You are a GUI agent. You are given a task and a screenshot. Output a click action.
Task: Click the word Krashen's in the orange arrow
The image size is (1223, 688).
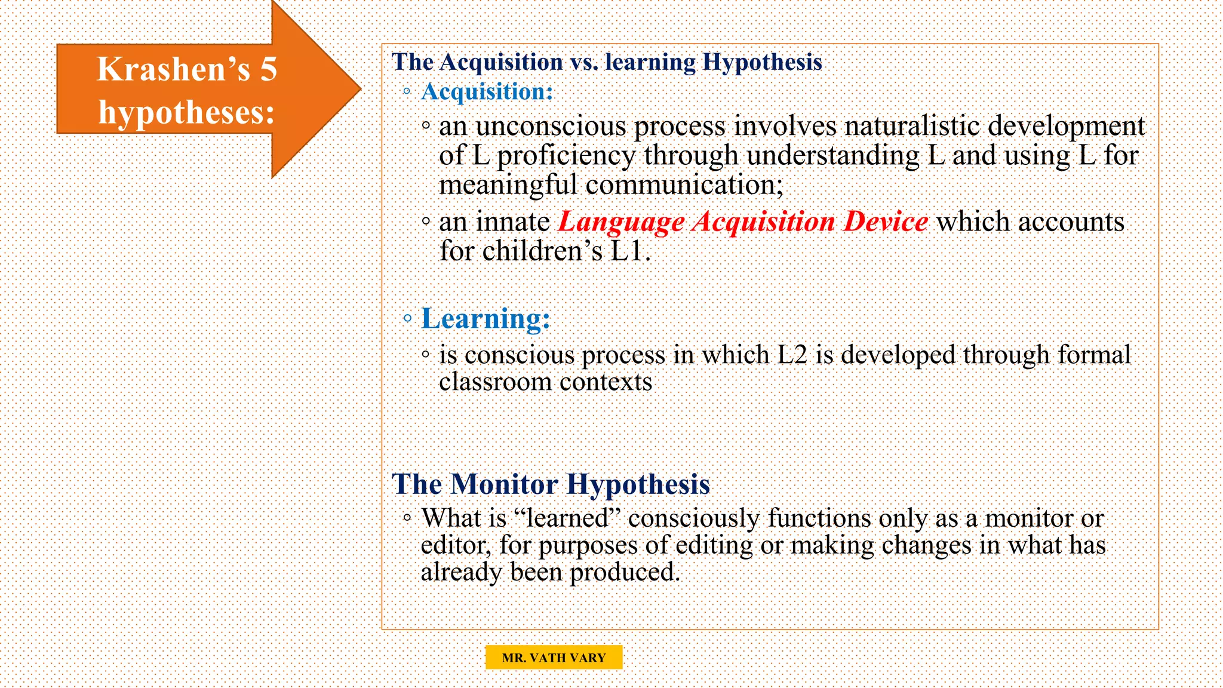(x=173, y=69)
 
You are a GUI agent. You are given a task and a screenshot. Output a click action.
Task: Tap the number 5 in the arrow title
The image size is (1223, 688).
(x=269, y=69)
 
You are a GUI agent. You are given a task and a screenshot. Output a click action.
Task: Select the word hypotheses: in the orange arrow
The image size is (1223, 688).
(x=186, y=112)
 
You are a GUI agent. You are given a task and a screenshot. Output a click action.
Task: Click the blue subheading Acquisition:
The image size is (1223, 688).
(x=487, y=92)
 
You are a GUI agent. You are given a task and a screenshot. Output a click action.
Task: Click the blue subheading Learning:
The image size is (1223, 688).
(x=485, y=318)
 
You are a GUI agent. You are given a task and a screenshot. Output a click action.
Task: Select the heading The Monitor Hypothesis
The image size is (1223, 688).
(x=551, y=484)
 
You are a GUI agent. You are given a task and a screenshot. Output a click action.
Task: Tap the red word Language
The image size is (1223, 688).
(x=621, y=222)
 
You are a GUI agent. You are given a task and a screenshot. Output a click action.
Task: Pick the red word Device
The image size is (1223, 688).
(x=886, y=222)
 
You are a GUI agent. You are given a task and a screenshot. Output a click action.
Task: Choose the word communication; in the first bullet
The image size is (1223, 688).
(x=684, y=185)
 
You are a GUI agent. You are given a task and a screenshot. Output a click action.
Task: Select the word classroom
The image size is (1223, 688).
(x=495, y=382)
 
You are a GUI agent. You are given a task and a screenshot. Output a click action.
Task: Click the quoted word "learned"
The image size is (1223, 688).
(x=567, y=518)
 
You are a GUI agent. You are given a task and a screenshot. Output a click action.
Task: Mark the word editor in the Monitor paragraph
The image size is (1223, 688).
(x=456, y=546)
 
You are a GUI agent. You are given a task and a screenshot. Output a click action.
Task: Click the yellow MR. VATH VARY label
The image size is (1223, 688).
(x=554, y=658)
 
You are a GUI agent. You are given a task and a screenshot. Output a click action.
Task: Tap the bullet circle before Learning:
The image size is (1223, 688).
(x=407, y=318)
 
